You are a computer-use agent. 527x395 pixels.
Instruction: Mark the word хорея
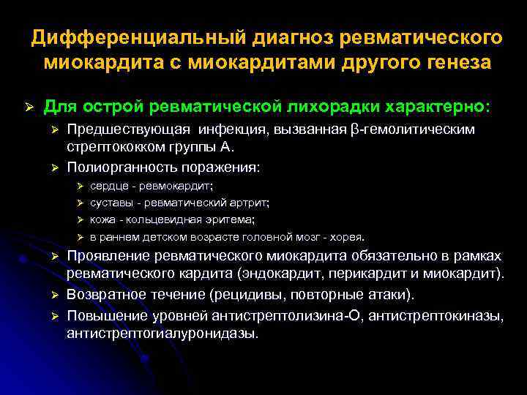[347, 237]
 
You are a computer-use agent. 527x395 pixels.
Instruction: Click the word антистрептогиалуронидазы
[162, 333]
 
